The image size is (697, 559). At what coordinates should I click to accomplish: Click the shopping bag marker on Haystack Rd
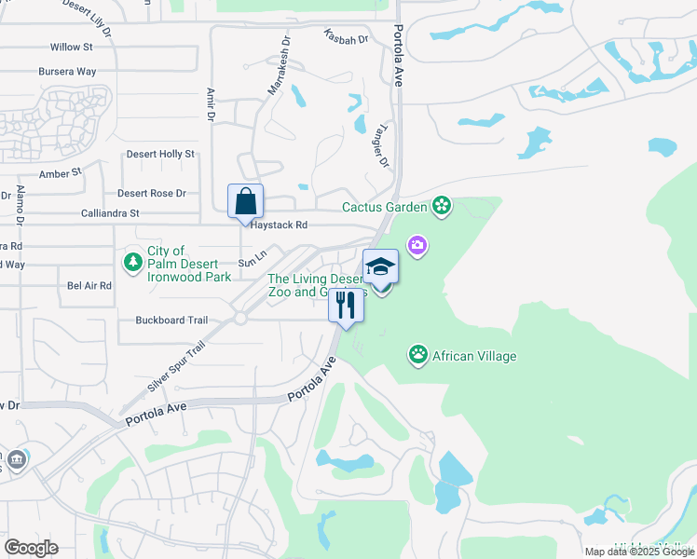pos(246,201)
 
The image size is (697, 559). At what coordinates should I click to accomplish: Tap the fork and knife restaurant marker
pos(346,305)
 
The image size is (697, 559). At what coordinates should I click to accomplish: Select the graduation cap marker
pos(380,267)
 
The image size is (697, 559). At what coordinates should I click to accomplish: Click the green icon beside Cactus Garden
pos(442,207)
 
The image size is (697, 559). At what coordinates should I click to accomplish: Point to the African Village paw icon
pos(418,355)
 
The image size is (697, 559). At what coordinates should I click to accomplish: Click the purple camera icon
pos(418,245)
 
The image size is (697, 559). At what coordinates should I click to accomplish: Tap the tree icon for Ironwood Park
pos(133,264)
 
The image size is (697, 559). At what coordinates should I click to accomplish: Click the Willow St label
pos(72,47)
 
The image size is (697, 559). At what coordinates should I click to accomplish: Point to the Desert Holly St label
pos(160,154)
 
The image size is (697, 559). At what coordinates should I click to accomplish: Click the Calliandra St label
pos(108,213)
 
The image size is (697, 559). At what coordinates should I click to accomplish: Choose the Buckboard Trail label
pos(171,320)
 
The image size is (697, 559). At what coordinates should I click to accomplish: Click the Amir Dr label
pos(210,105)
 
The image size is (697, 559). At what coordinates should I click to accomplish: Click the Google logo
pos(31,548)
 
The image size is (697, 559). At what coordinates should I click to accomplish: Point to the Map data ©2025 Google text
pos(638,552)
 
